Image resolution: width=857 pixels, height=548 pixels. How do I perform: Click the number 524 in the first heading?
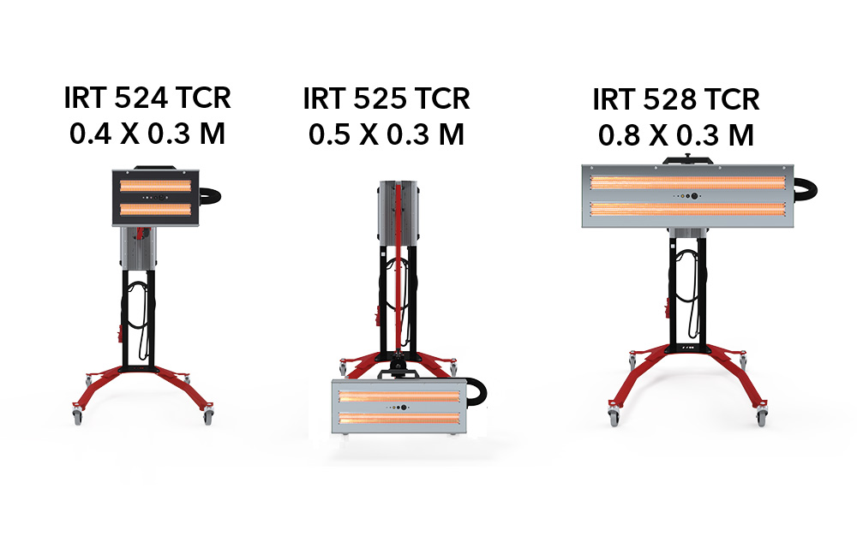(x=141, y=98)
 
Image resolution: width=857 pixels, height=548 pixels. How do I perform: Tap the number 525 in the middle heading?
(x=380, y=98)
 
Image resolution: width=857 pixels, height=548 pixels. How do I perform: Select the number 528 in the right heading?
(x=669, y=100)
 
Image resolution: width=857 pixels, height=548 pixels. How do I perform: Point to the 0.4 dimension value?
(x=91, y=134)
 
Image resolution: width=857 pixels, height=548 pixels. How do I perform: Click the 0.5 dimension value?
(x=330, y=134)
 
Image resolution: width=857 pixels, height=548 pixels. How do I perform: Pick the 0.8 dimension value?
(x=620, y=136)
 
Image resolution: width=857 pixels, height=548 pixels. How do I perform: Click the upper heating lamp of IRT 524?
(x=156, y=186)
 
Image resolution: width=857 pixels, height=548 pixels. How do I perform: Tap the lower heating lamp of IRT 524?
(x=156, y=209)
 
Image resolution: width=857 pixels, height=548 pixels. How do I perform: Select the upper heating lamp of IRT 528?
(x=687, y=182)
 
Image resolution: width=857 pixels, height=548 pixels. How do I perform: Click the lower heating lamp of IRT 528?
(x=687, y=209)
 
